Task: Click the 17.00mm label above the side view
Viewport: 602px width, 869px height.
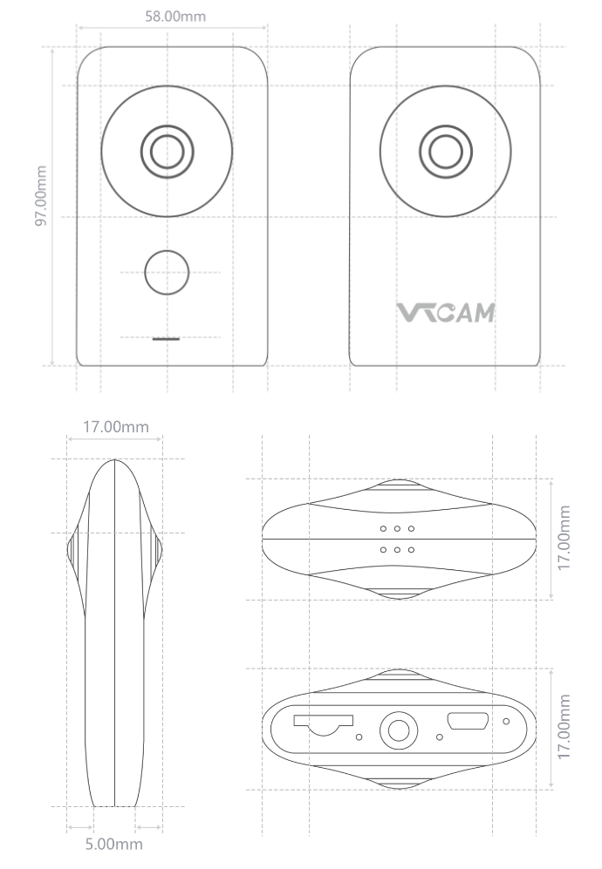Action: point(115,427)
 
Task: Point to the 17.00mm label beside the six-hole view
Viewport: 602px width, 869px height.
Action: point(565,538)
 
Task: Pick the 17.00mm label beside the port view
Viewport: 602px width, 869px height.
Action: point(565,728)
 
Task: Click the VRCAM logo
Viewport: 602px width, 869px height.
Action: point(446,312)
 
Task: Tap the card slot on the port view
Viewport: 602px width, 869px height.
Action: point(322,723)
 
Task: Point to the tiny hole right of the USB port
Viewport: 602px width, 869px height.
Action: point(506,721)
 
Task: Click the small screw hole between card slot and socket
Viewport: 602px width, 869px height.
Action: point(360,737)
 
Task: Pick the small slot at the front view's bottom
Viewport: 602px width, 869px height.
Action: point(166,337)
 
